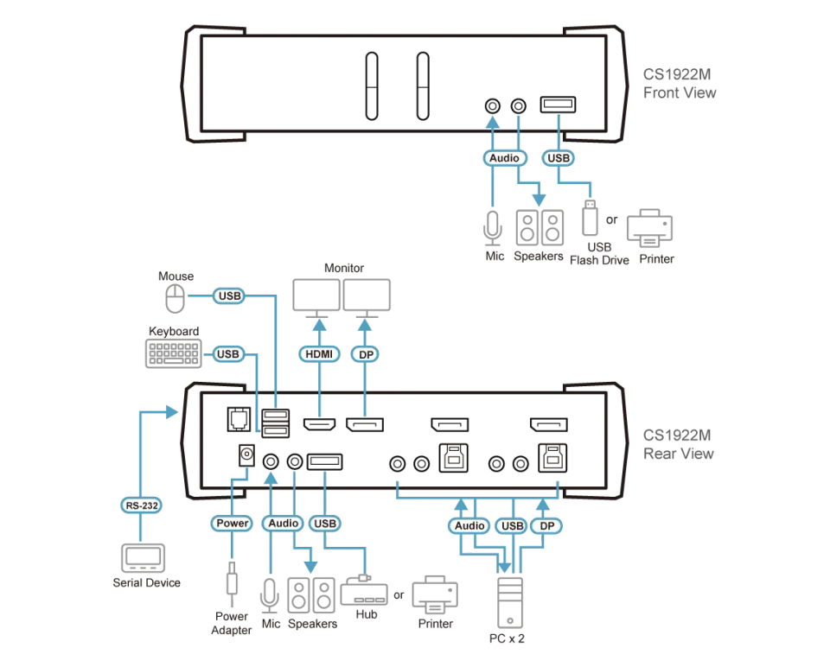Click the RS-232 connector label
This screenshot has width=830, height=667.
pos(141,505)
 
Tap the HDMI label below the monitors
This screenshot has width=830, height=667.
pos(319,354)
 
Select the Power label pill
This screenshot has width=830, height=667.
pos(232,523)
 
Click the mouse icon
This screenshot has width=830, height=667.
pos(176,299)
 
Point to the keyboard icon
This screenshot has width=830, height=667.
pos(174,353)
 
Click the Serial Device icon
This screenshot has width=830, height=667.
pos(143,558)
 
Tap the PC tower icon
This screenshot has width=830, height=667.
pos(510,602)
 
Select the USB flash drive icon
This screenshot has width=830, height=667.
pos(590,218)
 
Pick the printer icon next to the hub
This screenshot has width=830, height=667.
pos(435,594)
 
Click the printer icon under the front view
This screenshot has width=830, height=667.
pos(649,228)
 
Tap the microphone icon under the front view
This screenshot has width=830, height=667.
pos(493,228)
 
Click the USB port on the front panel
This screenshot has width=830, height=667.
pos(558,105)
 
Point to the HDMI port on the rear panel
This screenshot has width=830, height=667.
pos(319,424)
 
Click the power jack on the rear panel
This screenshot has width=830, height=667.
pos(246,455)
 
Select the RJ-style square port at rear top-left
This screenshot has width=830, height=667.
pos(239,419)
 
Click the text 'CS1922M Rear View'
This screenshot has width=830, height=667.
pos(678,444)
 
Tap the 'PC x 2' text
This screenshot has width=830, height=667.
pos(507,638)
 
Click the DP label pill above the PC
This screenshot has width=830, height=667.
pos(546,526)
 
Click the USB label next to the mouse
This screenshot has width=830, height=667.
pos(229,295)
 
